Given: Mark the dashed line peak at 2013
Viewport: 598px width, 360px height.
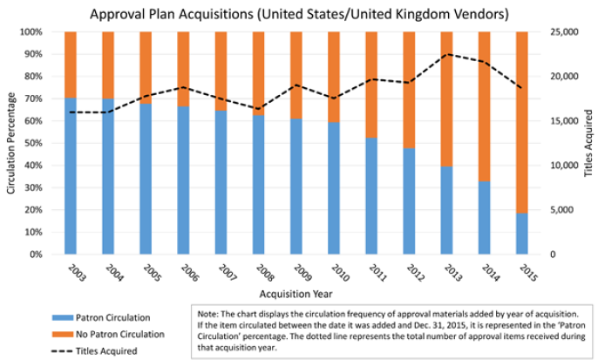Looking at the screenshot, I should (x=447, y=54).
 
